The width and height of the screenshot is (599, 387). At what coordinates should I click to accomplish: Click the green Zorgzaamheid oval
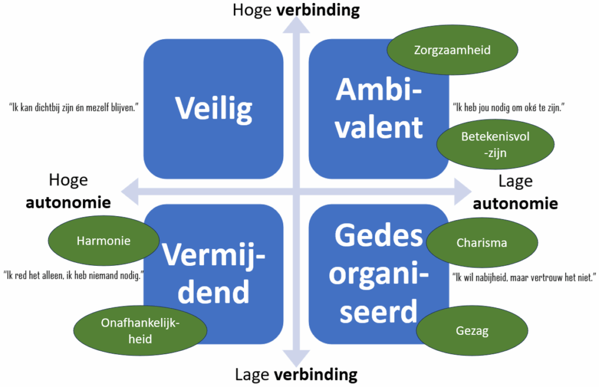[452, 50]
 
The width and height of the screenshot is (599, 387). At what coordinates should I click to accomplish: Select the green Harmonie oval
[103, 241]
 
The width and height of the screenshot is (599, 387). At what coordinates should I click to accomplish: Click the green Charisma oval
[481, 242]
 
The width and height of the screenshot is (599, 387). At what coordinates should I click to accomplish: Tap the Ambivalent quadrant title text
[379, 108]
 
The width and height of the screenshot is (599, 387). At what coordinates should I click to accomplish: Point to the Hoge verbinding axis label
[295, 10]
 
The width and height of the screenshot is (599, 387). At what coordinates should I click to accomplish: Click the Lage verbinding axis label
[295, 375]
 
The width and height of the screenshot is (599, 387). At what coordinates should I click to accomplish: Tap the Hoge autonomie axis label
[68, 191]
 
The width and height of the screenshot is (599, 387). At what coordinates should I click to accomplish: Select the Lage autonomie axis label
[515, 192]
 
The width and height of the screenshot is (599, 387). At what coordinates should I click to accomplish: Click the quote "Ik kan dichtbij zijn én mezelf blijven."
[73, 108]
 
